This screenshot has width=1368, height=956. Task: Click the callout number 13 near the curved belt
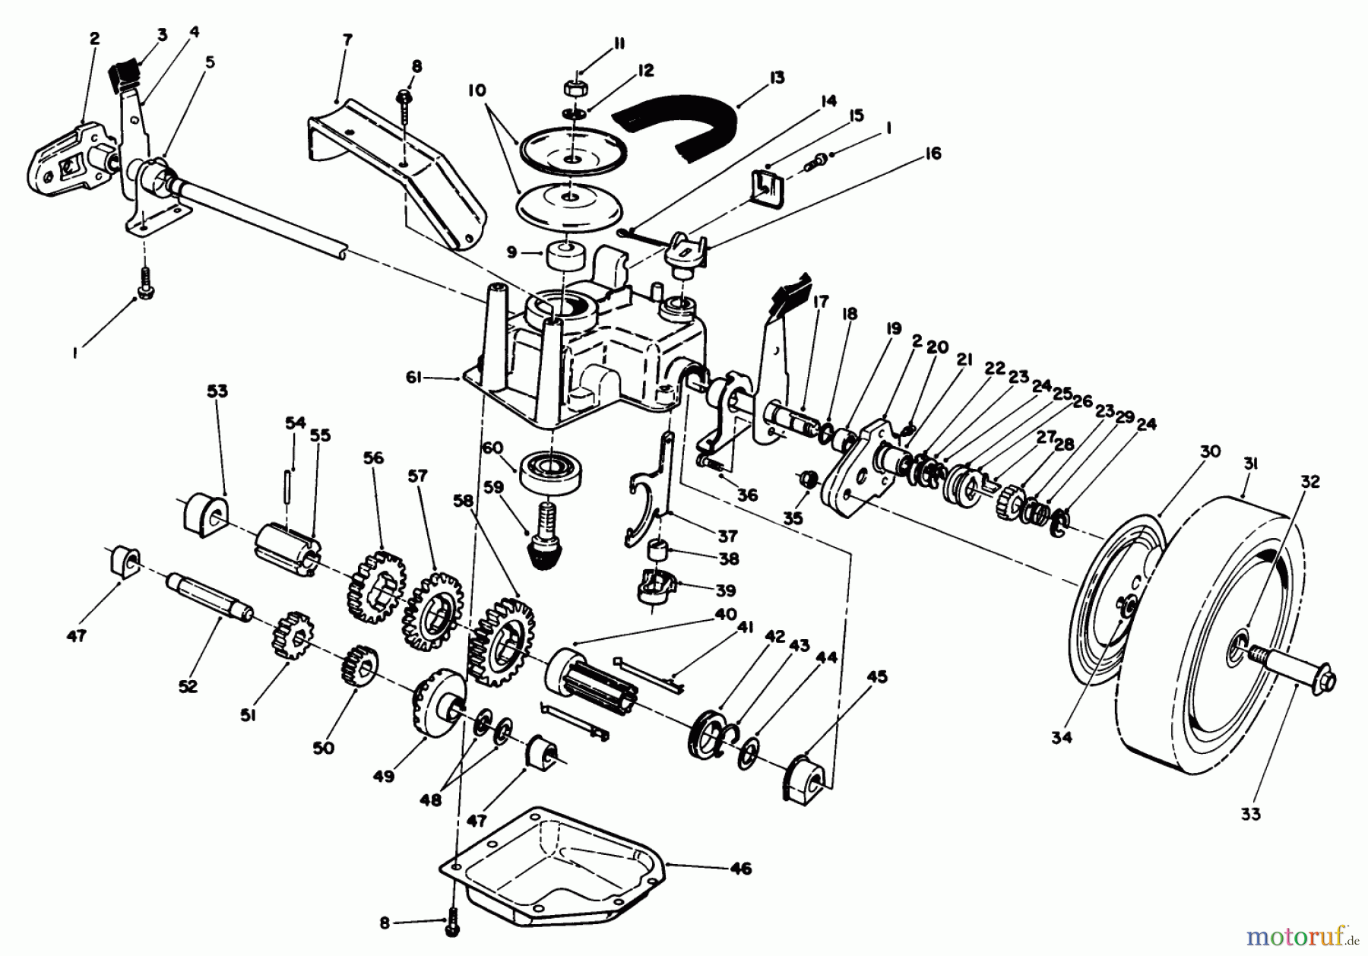(776, 78)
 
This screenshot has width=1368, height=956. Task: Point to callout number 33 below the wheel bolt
(1250, 814)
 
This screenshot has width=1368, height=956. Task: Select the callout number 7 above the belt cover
(347, 40)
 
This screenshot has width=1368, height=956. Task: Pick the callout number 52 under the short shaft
(188, 686)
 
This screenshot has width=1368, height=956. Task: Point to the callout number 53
(217, 391)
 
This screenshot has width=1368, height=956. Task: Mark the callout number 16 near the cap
(933, 154)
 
